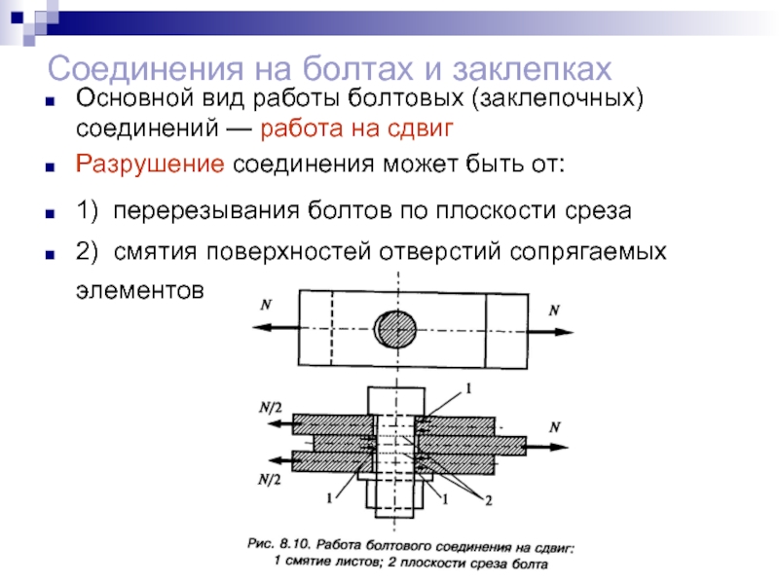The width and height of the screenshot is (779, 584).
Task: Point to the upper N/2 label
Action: (x=270, y=405)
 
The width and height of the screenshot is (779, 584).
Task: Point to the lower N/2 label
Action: (x=270, y=480)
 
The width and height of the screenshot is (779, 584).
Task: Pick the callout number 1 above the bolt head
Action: (x=467, y=388)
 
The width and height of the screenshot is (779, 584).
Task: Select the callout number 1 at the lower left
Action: (x=330, y=498)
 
